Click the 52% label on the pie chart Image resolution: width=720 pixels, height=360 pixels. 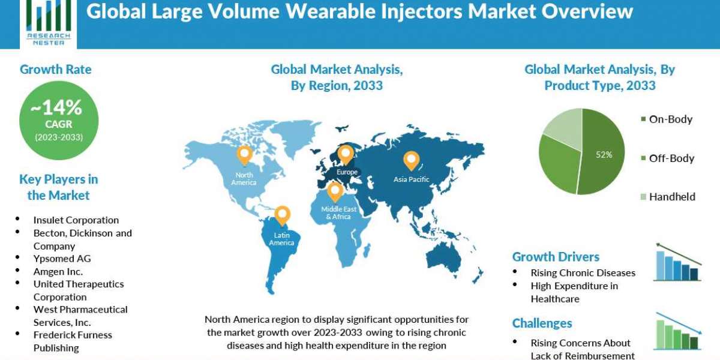click(604, 155)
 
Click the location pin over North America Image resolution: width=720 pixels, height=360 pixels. click(244, 155)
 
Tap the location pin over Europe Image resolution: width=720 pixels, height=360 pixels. click(346, 154)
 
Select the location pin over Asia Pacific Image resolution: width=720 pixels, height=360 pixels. click(411, 160)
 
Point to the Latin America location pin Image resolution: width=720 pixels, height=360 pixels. click(281, 215)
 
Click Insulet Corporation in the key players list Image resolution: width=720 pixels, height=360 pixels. click(76, 220)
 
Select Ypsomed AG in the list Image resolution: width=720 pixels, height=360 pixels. click(62, 259)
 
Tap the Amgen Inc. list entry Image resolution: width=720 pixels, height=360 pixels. click(58, 272)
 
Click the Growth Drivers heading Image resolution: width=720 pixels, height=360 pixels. click(556, 257)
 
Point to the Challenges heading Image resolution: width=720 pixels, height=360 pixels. click(542, 323)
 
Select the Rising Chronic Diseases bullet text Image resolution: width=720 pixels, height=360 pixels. click(583, 273)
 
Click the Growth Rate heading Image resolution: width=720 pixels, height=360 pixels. click(56, 70)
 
